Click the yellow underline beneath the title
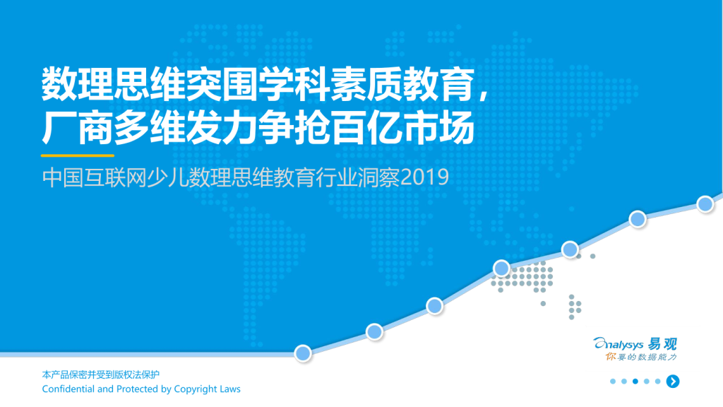(x=78, y=155)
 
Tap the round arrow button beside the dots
(x=673, y=381)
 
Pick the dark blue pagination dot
(x=635, y=381)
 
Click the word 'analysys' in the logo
(x=619, y=344)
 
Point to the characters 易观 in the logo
(x=662, y=344)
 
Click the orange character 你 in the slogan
(x=611, y=357)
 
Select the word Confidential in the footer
(x=68, y=389)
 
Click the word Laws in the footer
(x=230, y=389)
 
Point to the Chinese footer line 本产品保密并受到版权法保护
(x=100, y=374)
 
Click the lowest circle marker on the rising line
(x=303, y=353)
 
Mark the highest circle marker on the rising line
(x=705, y=203)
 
